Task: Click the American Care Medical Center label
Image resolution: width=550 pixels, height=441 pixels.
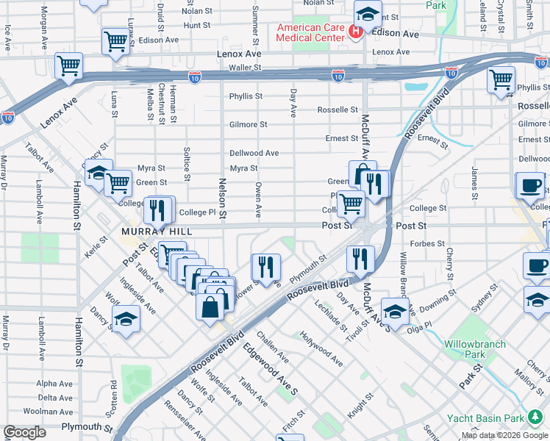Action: pos(310,32)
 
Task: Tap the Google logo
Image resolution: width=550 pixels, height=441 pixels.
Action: pos(24,432)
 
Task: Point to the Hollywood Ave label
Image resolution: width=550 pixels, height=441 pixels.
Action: pos(321,349)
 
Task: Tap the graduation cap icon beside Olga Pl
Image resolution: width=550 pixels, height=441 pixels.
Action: pos(395,312)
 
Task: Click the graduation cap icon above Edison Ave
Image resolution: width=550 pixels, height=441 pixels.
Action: pos(366,12)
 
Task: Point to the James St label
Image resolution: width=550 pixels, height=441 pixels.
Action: pos(475,176)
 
